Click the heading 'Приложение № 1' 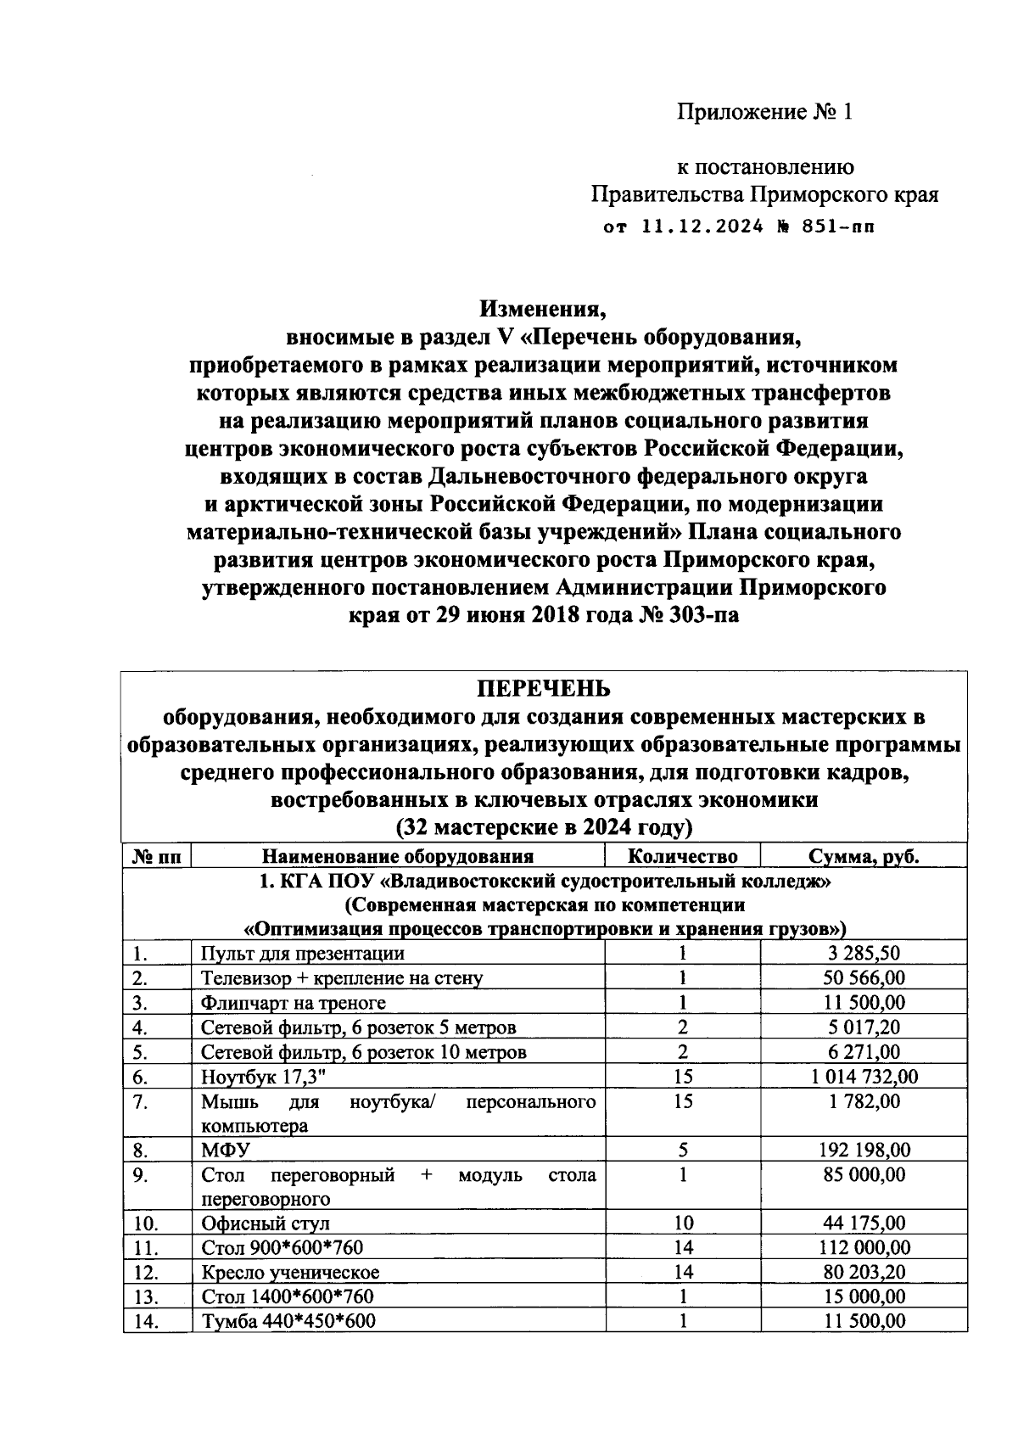(x=763, y=112)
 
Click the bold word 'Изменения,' (x=544, y=308)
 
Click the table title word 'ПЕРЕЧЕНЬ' (x=544, y=688)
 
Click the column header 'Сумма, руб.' (x=863, y=856)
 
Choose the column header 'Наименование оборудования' (x=398, y=856)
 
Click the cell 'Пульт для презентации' (x=302, y=953)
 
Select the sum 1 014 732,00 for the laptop (x=864, y=1077)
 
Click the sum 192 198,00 (x=864, y=1151)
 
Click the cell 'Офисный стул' (x=265, y=1223)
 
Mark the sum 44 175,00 (x=864, y=1223)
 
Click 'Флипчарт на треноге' (x=293, y=1003)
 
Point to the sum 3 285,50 (x=864, y=953)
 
